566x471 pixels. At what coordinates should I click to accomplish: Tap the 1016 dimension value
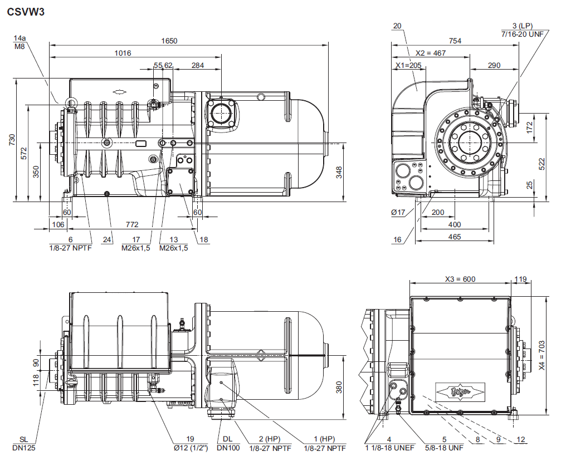123,53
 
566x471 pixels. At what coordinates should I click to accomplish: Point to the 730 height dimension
12,140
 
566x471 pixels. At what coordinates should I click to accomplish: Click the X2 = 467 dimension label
431,53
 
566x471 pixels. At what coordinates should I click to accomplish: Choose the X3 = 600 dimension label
460,279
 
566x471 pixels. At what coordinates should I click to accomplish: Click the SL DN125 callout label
23,443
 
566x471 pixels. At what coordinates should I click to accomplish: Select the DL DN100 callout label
228,443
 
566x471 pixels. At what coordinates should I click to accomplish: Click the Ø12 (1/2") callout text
191,448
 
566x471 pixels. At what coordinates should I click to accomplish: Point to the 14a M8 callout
20,42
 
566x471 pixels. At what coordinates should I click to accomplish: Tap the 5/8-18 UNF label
445,448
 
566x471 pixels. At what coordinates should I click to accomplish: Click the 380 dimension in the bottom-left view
339,387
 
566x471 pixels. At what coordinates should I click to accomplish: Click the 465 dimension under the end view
455,237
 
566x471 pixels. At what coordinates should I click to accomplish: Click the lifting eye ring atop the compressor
71,102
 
